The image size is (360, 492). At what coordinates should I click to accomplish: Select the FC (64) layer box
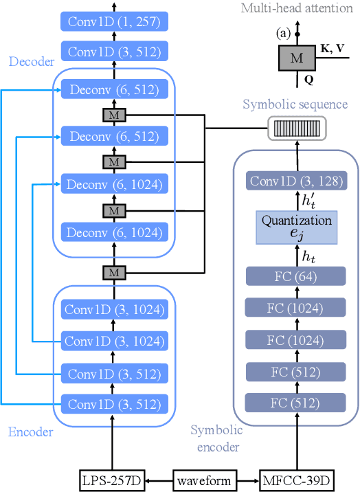pyautogui.click(x=296, y=277)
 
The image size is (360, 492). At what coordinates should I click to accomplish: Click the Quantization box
pyautogui.click(x=296, y=227)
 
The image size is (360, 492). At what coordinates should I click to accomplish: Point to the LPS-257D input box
pyautogui.click(x=113, y=480)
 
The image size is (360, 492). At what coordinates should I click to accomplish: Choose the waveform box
pyautogui.click(x=204, y=480)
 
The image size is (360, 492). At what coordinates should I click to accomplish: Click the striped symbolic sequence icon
pyautogui.click(x=296, y=128)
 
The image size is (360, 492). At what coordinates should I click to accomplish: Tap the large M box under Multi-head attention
pyautogui.click(x=297, y=58)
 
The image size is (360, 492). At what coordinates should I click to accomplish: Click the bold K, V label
pyautogui.click(x=334, y=49)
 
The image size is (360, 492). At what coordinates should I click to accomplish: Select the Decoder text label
pyautogui.click(x=32, y=62)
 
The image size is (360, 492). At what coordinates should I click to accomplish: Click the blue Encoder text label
pyautogui.click(x=31, y=432)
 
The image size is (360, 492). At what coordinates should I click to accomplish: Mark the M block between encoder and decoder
pyautogui.click(x=113, y=273)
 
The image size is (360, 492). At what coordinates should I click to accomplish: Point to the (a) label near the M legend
pyautogui.click(x=282, y=32)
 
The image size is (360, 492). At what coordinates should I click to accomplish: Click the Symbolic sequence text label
pyautogui.click(x=295, y=104)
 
